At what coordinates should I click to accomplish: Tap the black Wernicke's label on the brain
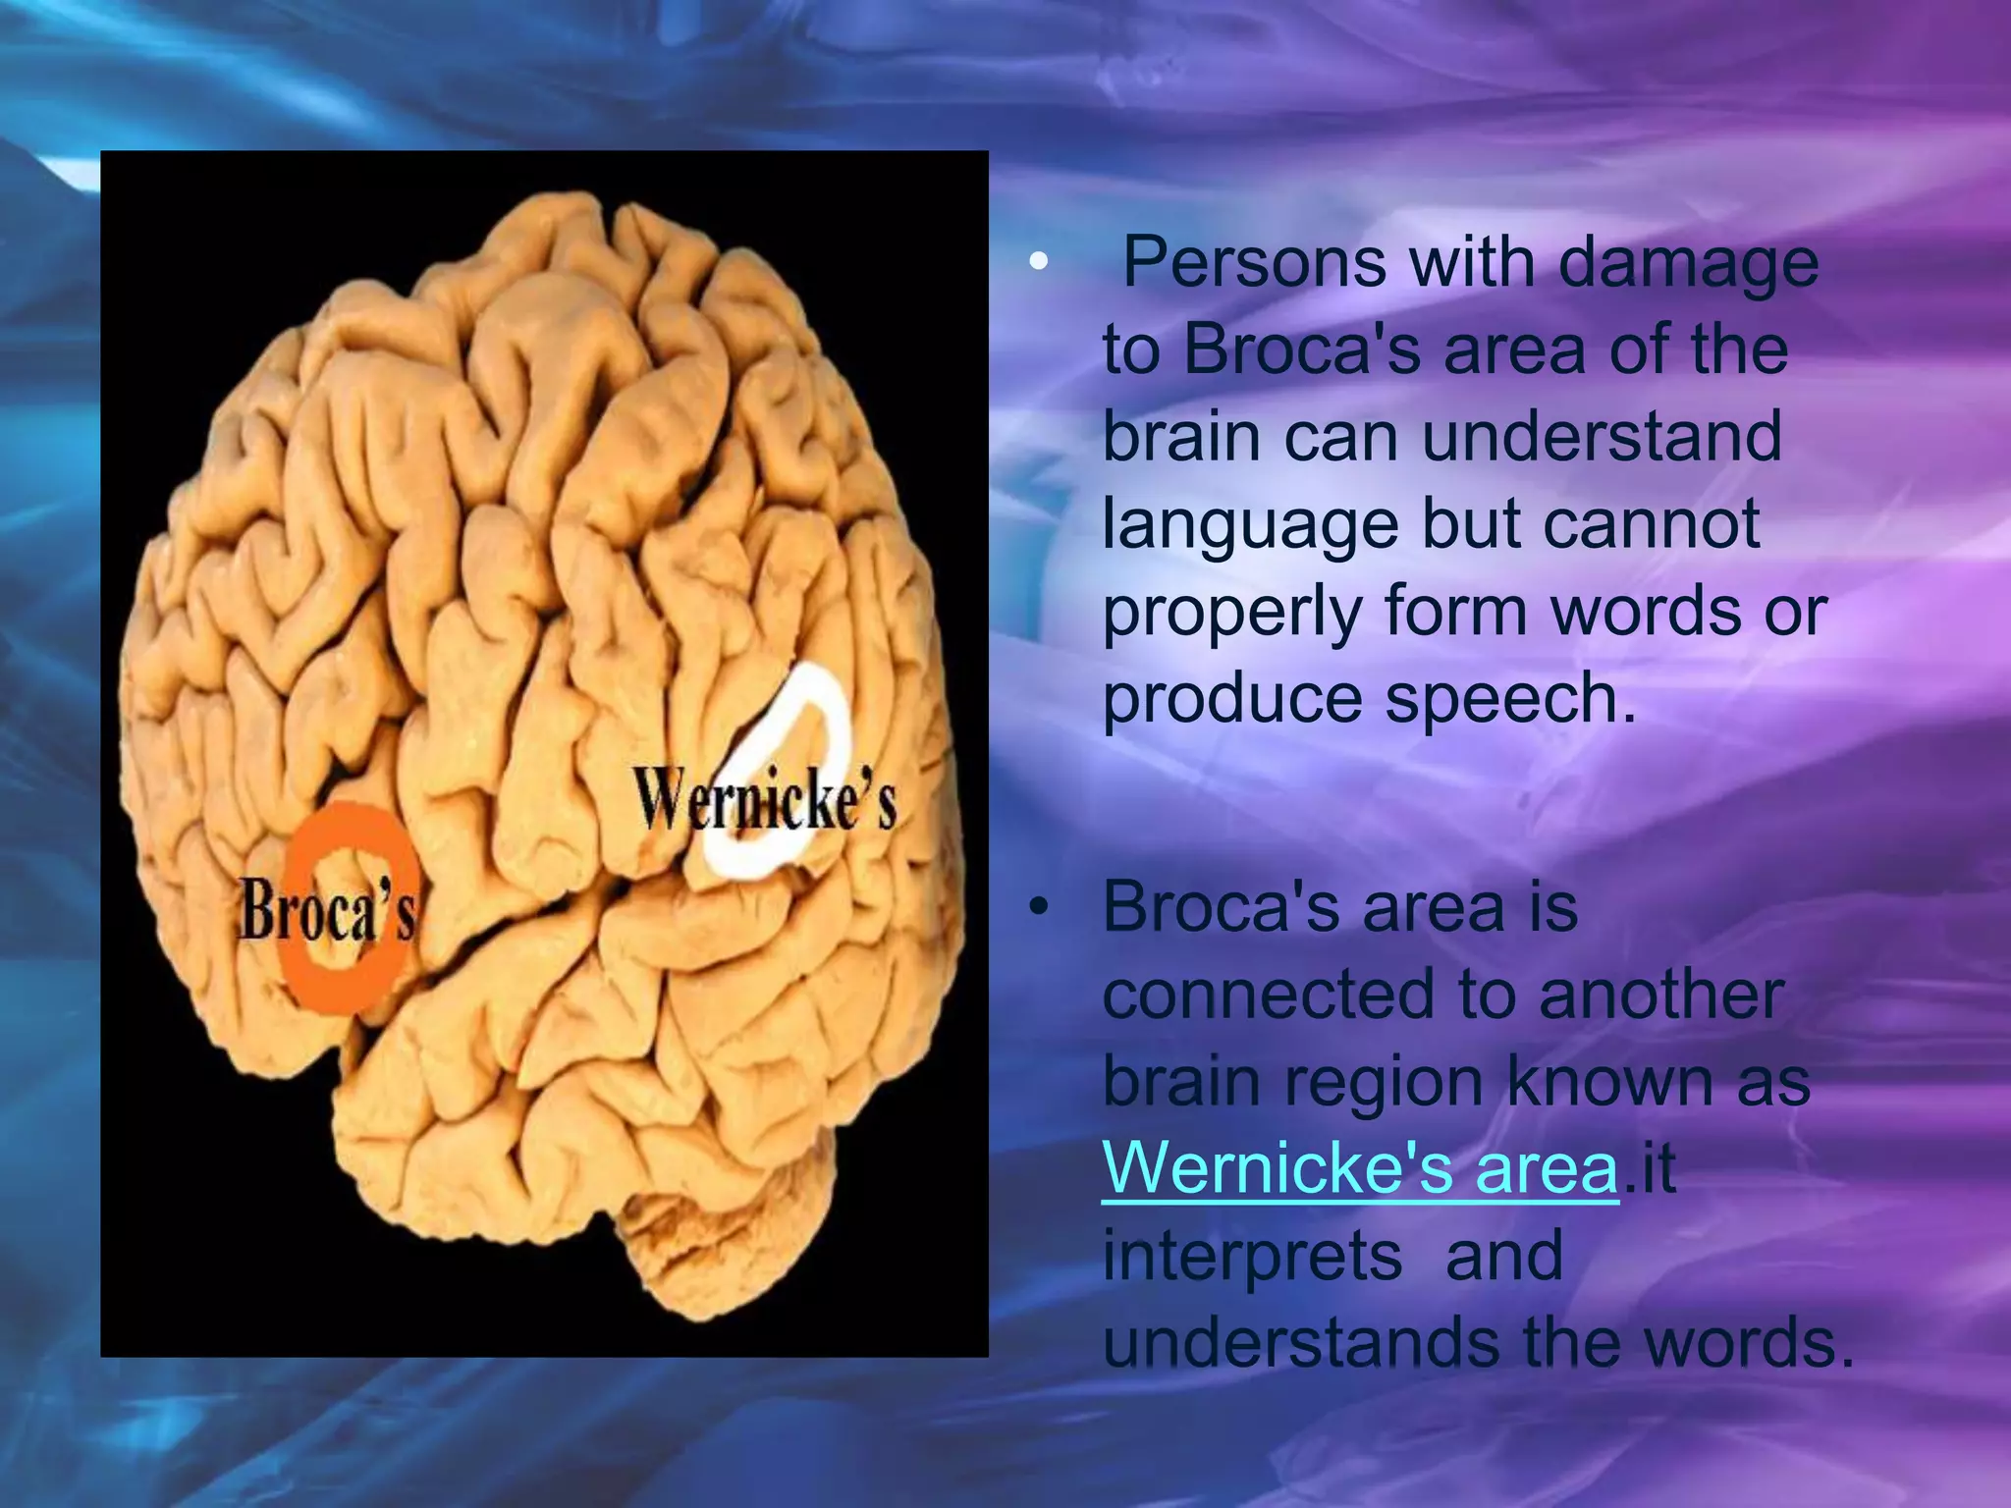764,800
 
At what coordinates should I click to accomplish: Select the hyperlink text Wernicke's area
1360,1167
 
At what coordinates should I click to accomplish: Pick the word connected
1267,994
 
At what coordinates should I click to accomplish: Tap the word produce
1231,700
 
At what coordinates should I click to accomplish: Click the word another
1660,994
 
